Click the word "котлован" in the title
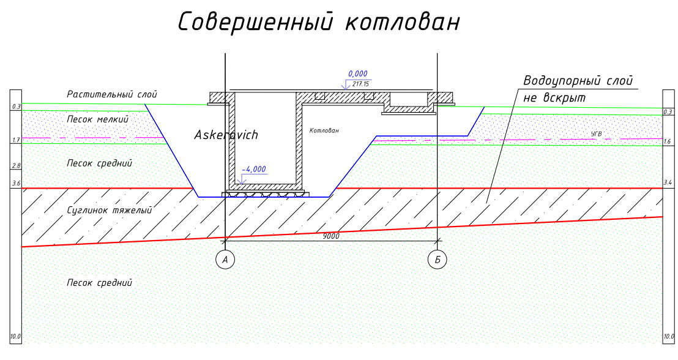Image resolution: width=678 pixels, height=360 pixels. (401, 23)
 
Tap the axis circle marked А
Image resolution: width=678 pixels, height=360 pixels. (225, 260)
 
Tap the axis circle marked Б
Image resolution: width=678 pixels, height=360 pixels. (438, 260)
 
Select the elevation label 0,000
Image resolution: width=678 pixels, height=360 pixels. (359, 73)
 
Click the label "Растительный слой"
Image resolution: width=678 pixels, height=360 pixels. (112, 95)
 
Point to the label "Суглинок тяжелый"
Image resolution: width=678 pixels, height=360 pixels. (109, 211)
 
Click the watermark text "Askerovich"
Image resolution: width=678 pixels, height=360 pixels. (226, 135)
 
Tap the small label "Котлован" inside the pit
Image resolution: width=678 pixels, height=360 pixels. (324, 130)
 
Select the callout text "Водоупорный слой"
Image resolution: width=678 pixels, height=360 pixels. (578, 81)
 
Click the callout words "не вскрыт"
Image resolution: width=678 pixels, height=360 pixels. (550, 98)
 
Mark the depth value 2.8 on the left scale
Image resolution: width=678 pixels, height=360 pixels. (16, 166)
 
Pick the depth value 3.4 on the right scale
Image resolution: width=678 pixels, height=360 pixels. (668, 182)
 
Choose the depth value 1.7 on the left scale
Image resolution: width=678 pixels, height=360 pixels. (16, 140)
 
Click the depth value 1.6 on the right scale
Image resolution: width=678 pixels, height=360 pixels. (668, 141)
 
